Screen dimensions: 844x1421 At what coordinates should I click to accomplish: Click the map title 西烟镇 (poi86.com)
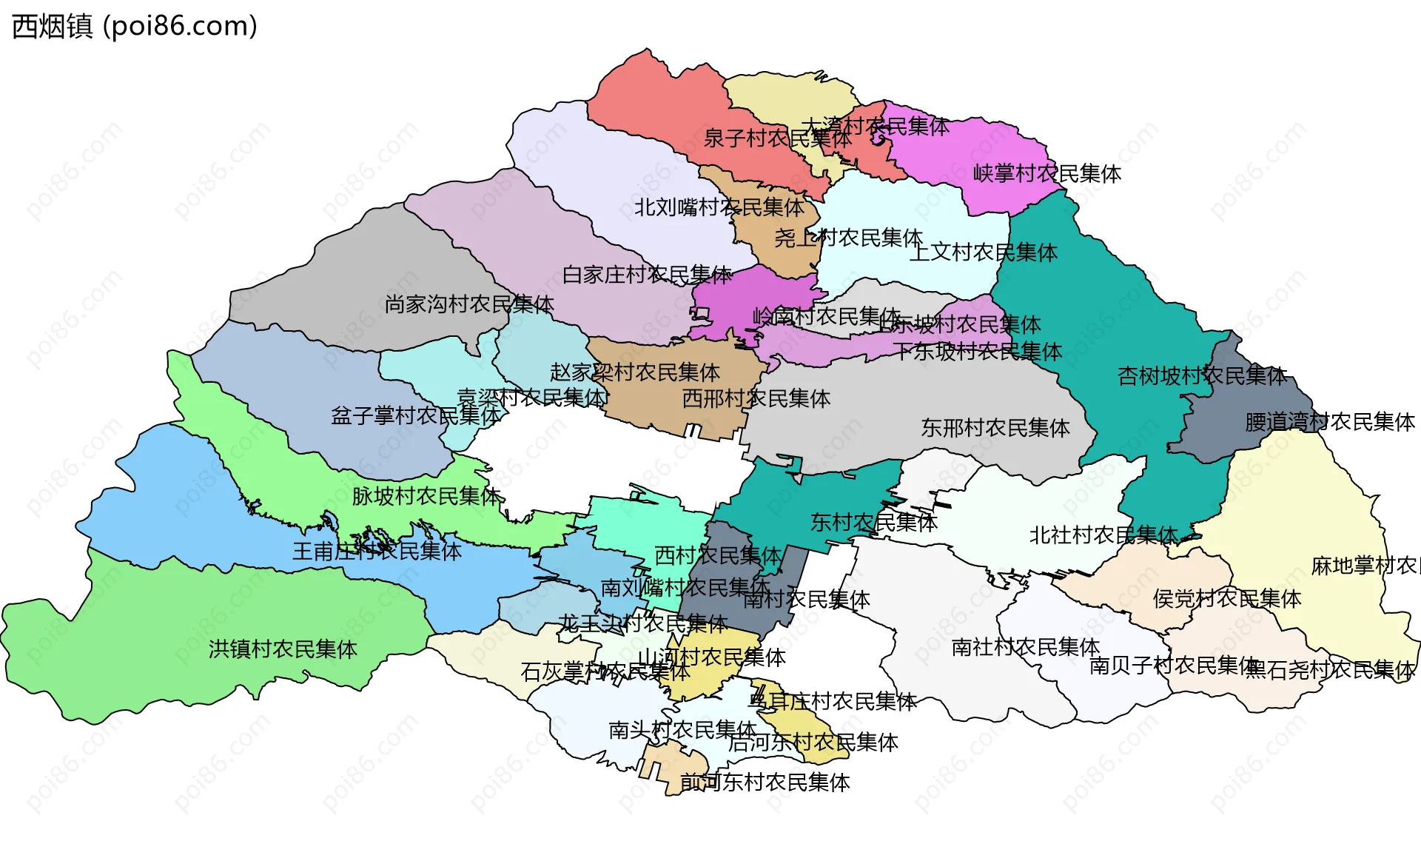[x=135, y=26]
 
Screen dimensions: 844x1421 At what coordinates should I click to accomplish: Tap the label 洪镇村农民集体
[x=283, y=649]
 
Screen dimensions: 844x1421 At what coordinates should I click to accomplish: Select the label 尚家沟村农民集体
[x=468, y=304]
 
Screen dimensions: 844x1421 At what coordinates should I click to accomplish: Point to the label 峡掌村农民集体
[x=1047, y=174]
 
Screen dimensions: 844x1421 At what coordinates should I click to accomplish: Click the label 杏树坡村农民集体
[x=1202, y=376]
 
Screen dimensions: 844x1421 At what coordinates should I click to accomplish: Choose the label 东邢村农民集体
[x=995, y=428]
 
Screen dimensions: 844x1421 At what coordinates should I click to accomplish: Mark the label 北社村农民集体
[x=1103, y=535]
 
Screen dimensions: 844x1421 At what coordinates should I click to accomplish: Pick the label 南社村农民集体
[x=1025, y=647]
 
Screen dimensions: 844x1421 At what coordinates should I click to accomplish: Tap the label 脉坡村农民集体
[x=426, y=496]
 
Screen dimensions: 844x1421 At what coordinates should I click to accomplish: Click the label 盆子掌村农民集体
[x=415, y=415]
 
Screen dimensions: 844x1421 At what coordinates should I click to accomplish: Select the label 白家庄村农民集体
[x=647, y=275]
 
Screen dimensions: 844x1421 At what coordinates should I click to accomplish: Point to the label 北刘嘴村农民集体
[x=719, y=207]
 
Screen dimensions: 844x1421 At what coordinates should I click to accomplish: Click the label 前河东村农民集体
[x=765, y=783]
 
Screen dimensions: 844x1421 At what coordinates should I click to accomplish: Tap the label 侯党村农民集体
[x=1226, y=598]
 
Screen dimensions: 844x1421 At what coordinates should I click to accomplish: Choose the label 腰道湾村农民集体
[x=1329, y=422]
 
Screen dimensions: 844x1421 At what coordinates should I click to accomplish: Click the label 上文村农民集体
[x=983, y=252]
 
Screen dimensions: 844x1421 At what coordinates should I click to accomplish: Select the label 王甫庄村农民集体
[x=377, y=551]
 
